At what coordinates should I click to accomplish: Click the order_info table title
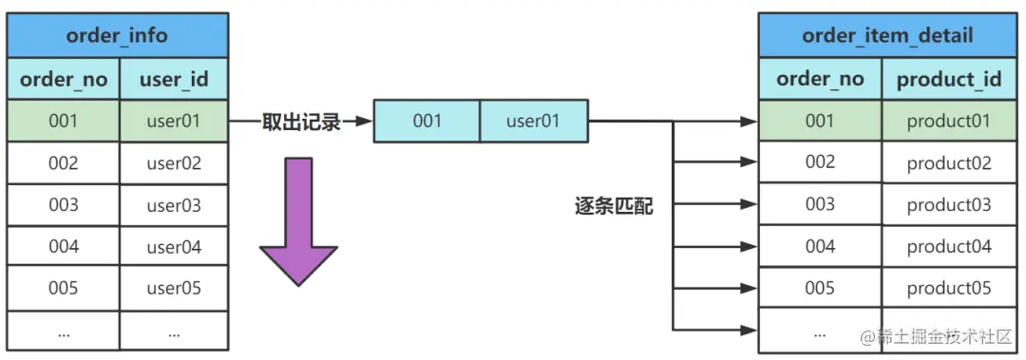(117, 36)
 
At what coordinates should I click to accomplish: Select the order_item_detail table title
(887, 36)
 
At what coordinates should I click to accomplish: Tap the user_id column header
(174, 79)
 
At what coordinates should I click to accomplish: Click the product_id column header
(948, 79)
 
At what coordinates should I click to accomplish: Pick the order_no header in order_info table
(64, 79)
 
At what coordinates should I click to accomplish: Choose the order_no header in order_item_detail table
(820, 79)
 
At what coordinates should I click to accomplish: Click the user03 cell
(174, 205)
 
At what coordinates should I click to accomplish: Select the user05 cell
(174, 288)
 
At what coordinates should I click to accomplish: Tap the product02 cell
(948, 163)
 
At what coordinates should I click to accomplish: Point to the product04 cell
(948, 247)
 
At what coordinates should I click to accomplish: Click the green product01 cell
(948, 121)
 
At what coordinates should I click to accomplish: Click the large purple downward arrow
(299, 220)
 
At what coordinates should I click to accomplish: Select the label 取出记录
(300, 122)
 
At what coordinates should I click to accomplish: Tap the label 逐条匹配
(614, 206)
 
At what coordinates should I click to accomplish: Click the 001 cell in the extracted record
(427, 122)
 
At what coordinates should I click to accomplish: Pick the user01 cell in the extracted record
(533, 122)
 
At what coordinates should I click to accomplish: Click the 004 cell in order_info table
(64, 247)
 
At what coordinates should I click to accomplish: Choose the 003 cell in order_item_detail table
(820, 204)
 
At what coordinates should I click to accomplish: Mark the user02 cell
(174, 163)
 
